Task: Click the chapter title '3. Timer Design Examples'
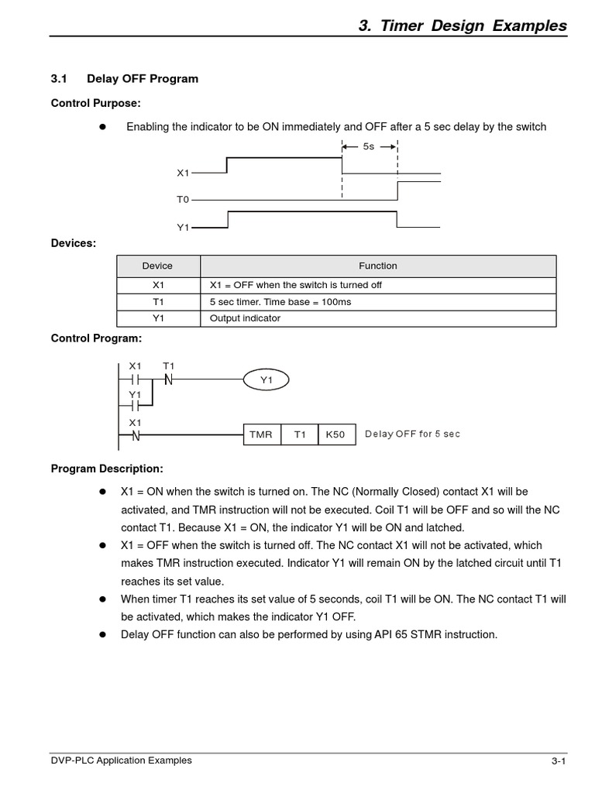(x=463, y=26)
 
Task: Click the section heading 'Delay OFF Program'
(x=143, y=79)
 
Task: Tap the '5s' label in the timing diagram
(x=369, y=146)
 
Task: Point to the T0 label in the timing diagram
(x=182, y=200)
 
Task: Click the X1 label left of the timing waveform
(x=182, y=173)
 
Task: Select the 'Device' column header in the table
(x=157, y=266)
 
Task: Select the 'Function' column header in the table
(x=377, y=266)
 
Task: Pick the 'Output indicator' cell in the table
(x=245, y=318)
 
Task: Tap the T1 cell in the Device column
(x=157, y=301)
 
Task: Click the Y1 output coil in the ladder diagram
(x=267, y=380)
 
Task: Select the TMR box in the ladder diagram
(x=261, y=435)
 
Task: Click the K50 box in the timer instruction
(x=335, y=435)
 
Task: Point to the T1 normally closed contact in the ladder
(x=168, y=379)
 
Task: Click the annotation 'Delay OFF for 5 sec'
(x=412, y=434)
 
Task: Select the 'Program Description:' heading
(x=107, y=469)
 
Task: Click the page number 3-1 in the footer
(x=559, y=762)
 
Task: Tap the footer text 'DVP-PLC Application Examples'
(x=121, y=760)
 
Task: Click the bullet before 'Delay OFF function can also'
(x=101, y=635)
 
